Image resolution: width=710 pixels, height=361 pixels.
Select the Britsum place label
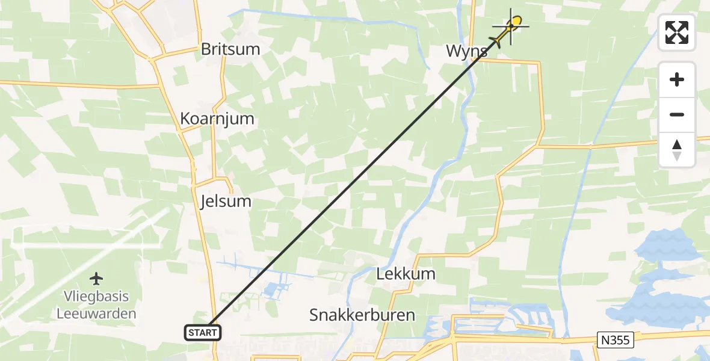coord(230,49)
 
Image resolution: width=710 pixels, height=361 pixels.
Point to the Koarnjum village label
coord(217,119)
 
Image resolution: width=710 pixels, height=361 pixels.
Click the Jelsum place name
coord(226,201)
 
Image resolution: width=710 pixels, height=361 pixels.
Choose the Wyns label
coord(466,51)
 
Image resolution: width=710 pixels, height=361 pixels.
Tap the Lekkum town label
coord(406,274)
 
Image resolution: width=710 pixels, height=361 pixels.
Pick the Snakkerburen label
coord(362,315)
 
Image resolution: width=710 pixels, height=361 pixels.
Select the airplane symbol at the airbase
coord(96,279)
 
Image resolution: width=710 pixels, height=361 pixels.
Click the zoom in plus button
coord(677,79)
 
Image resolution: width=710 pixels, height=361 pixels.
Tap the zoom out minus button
coord(677,114)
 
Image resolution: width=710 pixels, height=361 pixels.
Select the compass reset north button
coord(677,149)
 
